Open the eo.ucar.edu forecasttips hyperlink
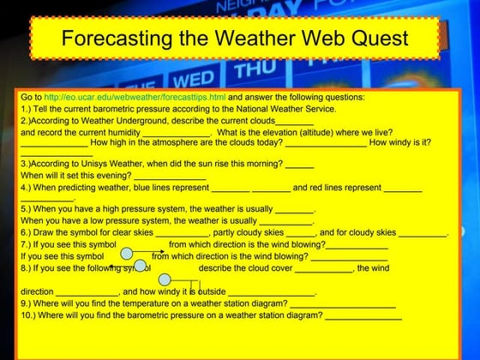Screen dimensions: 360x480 click(135, 98)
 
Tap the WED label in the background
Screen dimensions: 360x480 click(194, 81)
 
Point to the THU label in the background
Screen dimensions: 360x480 click(255, 69)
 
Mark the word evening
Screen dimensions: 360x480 click(113, 176)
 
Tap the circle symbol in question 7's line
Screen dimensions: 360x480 click(126, 253)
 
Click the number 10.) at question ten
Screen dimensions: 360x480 click(27, 315)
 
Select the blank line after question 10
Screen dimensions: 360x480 click(363, 316)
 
